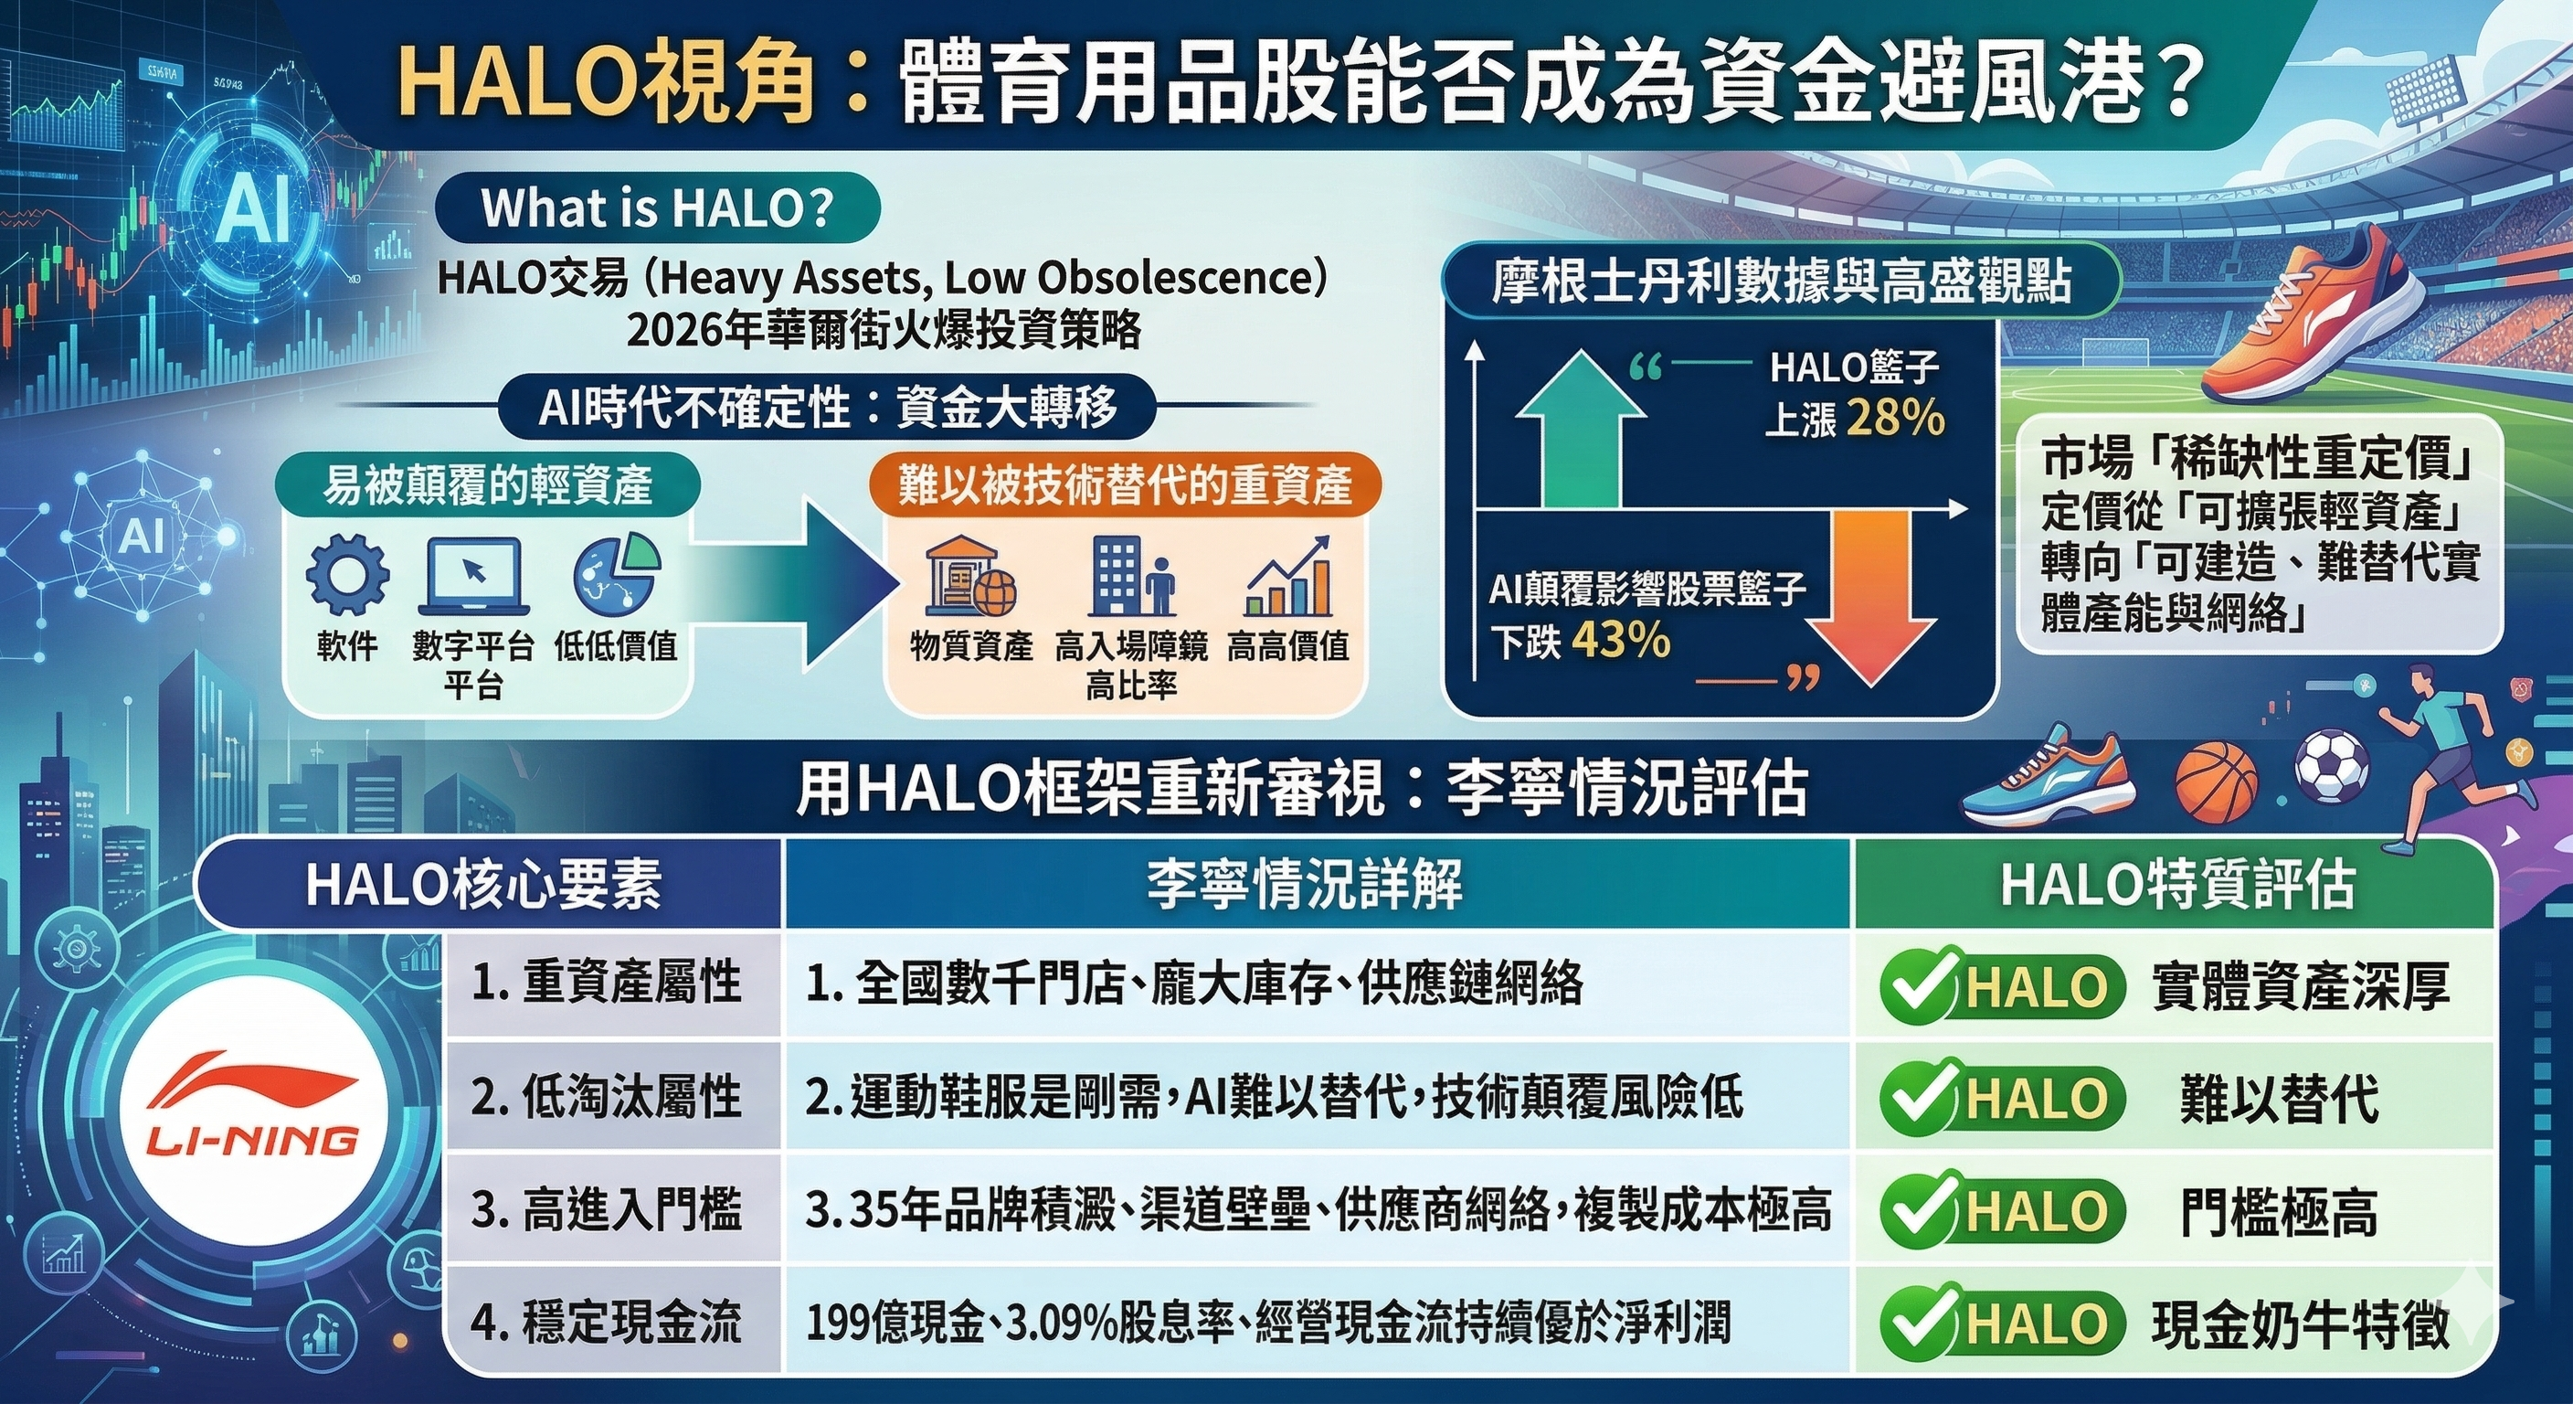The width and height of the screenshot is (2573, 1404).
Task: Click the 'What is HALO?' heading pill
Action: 658,208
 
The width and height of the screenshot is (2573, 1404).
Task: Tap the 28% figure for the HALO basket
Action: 1895,418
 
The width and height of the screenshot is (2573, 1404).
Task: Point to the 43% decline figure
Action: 1620,640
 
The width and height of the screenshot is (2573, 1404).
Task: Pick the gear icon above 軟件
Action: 347,577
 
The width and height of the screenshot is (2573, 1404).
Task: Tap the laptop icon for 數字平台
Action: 473,577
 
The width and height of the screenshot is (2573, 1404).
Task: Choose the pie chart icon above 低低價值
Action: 616,575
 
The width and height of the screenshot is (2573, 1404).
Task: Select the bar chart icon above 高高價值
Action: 1288,577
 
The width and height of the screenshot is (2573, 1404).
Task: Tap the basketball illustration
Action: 2217,787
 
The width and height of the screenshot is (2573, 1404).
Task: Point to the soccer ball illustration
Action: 2331,768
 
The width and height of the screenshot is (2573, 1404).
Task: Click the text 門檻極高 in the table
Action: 2279,1212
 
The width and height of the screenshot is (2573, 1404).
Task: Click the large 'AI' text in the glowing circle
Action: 254,207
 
